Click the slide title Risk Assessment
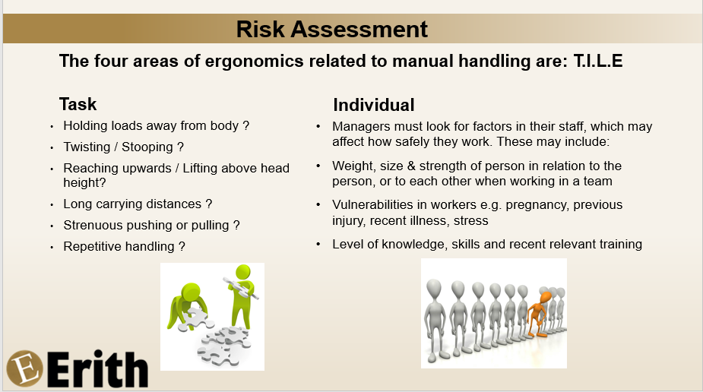click(332, 29)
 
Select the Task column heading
click(78, 104)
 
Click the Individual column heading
click(374, 105)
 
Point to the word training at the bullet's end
click(616, 244)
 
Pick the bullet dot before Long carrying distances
click(52, 204)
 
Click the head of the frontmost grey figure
click(434, 289)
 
